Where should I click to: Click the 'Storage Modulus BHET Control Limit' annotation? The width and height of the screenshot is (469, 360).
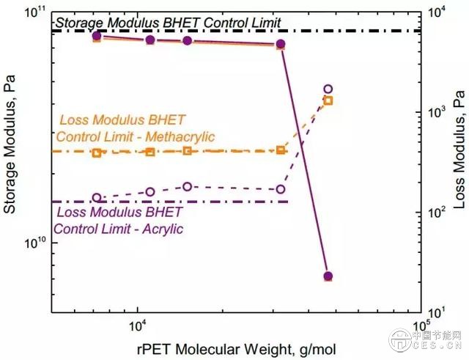[167, 23]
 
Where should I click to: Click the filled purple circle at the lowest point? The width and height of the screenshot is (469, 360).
[328, 276]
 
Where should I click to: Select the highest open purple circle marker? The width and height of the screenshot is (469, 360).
[328, 89]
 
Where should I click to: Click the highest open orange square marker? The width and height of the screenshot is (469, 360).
[328, 100]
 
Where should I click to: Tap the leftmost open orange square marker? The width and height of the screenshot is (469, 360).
[97, 153]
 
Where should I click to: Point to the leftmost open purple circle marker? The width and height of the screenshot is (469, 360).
[97, 198]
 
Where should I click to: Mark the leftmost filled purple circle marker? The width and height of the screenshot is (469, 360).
[97, 36]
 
